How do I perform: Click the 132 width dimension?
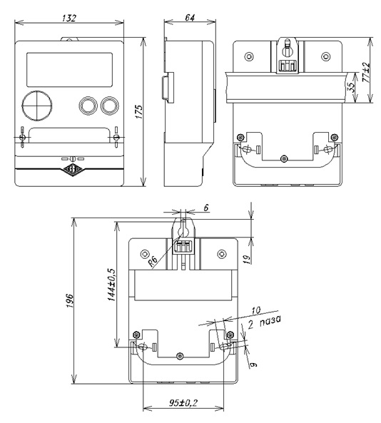tap(69, 18)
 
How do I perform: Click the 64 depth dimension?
tap(190, 18)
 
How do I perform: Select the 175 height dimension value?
tap(139, 111)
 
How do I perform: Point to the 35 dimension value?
tap(351, 88)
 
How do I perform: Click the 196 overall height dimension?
tap(70, 300)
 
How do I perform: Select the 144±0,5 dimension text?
tap(111, 285)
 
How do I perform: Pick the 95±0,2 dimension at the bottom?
tap(183, 403)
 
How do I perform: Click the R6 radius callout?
tap(153, 261)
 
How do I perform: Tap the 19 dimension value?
tap(247, 259)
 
